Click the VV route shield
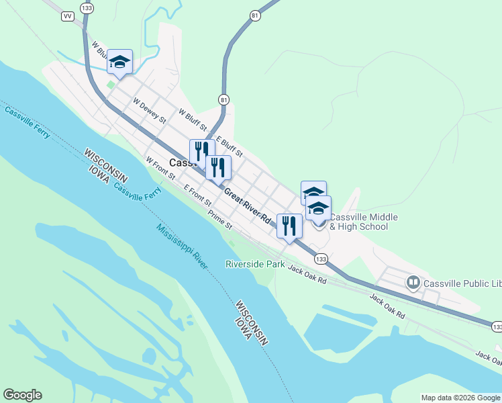(x=67, y=16)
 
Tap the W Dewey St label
(x=149, y=111)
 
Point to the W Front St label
(x=160, y=168)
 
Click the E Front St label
(x=197, y=197)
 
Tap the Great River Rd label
(x=248, y=206)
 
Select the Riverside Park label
(x=254, y=265)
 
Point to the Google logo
(x=22, y=395)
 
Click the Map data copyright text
(x=461, y=398)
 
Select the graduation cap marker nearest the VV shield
(x=119, y=63)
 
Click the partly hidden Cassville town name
(x=180, y=163)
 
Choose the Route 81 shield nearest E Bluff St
(x=223, y=99)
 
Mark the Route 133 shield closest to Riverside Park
(x=321, y=259)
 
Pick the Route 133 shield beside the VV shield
(x=86, y=7)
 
